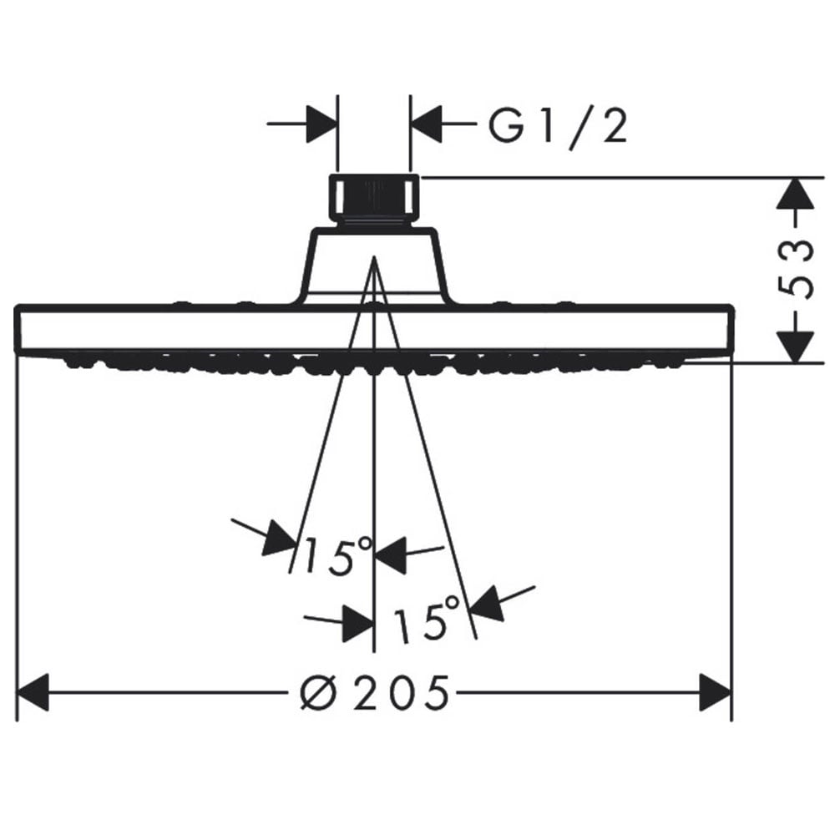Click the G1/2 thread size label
(x=558, y=128)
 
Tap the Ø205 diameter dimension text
(x=374, y=692)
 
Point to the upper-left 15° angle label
(x=337, y=556)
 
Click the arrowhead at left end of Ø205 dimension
(x=33, y=692)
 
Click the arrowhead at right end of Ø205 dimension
(x=716, y=692)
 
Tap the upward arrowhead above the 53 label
(x=795, y=194)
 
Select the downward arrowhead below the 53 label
(x=795, y=347)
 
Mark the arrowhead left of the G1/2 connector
(x=322, y=124)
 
